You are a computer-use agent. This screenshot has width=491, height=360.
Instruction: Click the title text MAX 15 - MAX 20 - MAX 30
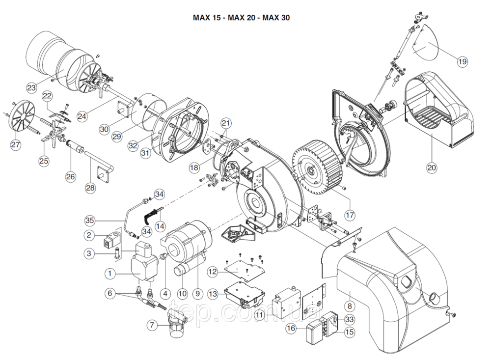241,18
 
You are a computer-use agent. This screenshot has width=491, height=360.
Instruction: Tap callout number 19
462,62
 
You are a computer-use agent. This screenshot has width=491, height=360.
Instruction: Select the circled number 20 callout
432,167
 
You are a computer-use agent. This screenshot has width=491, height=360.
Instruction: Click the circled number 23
31,88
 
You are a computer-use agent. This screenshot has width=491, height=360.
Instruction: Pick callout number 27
16,144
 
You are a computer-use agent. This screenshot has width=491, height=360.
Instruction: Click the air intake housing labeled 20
437,111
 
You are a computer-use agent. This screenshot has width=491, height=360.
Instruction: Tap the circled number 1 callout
110,272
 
